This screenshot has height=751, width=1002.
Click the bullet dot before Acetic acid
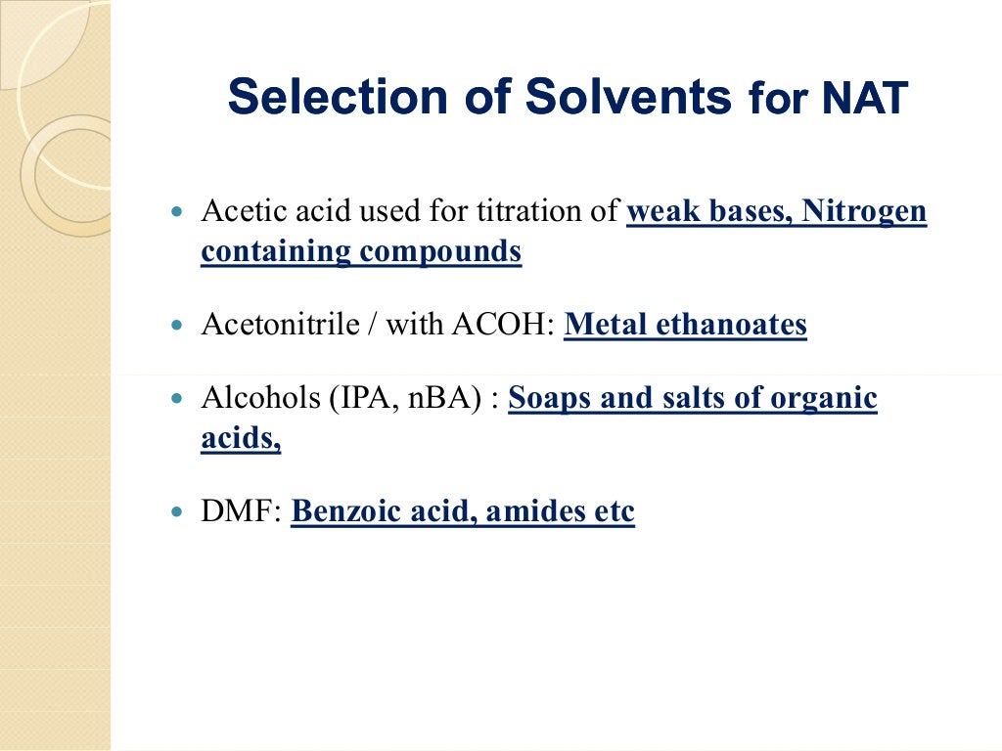[177, 211]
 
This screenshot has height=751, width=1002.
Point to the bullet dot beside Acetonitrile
[177, 325]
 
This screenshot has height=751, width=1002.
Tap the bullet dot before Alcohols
[177, 399]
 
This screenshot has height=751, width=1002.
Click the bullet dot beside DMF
[177, 511]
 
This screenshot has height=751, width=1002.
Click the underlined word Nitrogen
[864, 211]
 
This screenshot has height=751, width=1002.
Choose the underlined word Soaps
[545, 399]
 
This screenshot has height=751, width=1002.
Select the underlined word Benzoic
[338, 511]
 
